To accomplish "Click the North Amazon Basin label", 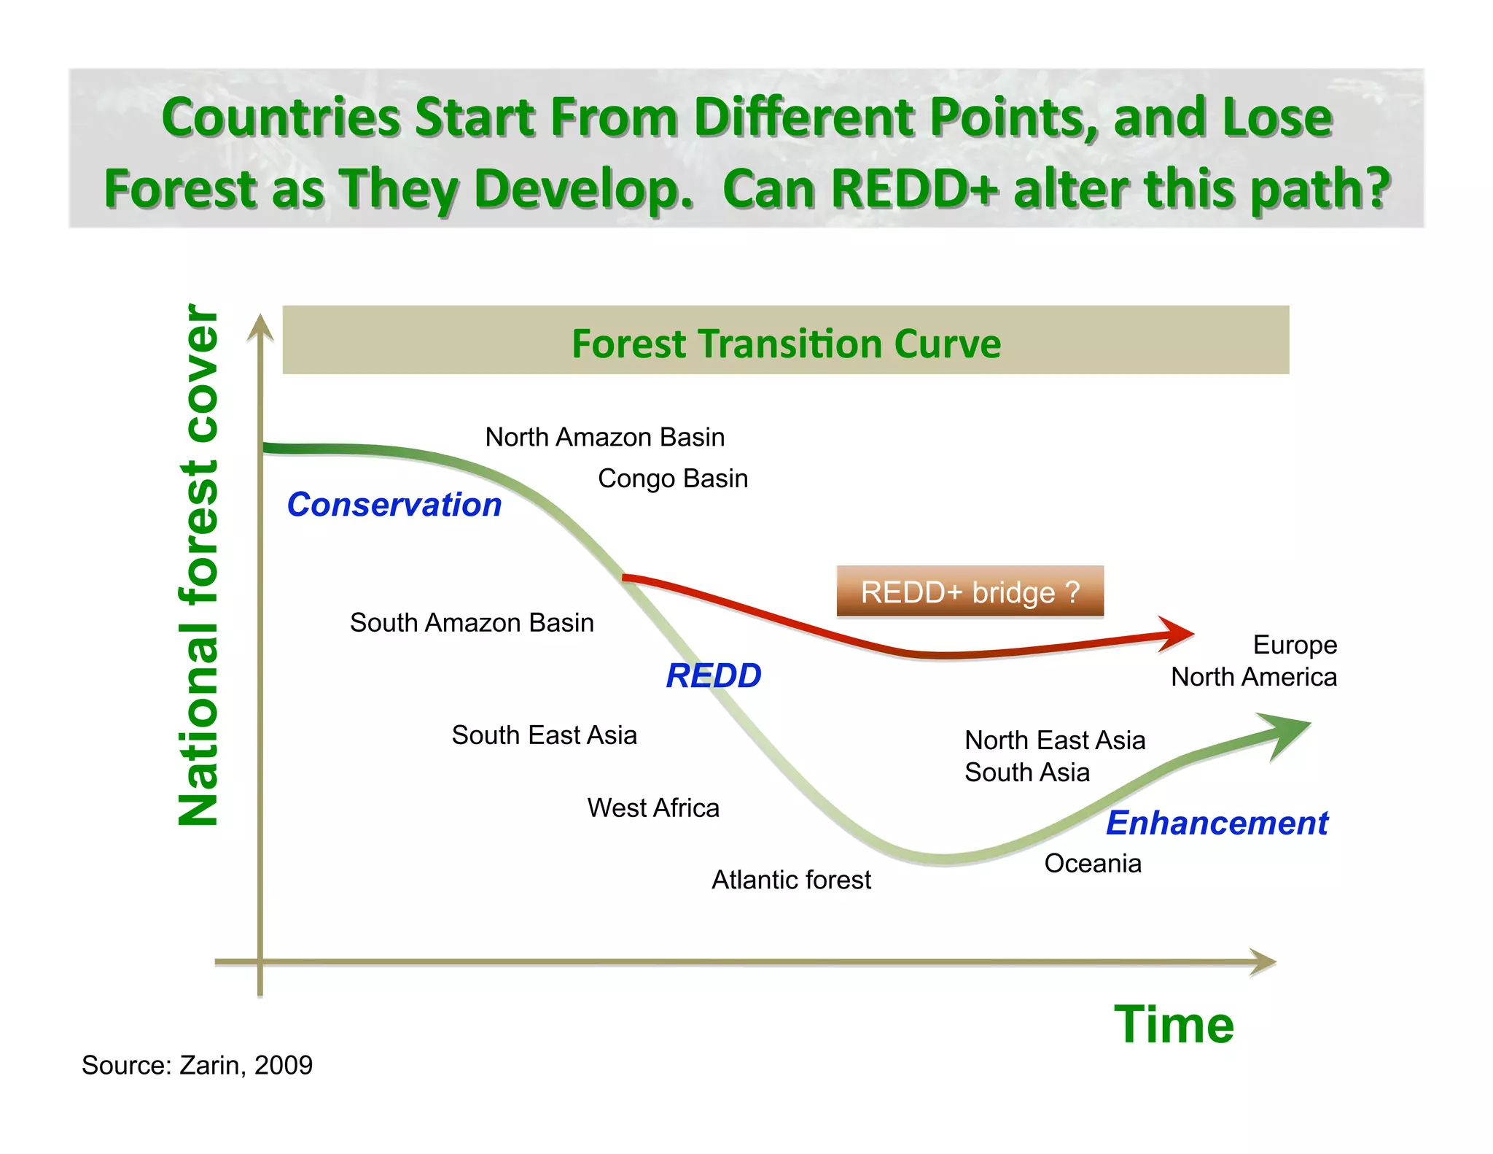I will coord(605,437).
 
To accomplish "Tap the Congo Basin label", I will coord(673,479).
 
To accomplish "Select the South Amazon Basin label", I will coord(472,623).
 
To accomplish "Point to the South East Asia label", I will coord(544,735).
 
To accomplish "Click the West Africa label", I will coord(653,808).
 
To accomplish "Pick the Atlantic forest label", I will coord(791,880).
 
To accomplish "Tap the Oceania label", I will coord(1093,864).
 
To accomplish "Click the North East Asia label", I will coord(1055,740).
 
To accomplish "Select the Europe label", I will coord(1295,645).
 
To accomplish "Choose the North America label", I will coord(1254,677).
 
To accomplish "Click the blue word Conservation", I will coord(394,505).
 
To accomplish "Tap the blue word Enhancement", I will coord(1217,823).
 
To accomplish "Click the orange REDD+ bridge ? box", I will coord(970,592).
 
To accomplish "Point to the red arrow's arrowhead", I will coord(1176,634).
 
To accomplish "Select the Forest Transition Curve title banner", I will coord(785,341).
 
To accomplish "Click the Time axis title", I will coord(1174,1025).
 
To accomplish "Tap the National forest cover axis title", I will coord(198,565).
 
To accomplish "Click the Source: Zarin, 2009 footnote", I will coord(197,1065).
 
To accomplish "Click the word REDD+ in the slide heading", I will coord(913,189).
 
